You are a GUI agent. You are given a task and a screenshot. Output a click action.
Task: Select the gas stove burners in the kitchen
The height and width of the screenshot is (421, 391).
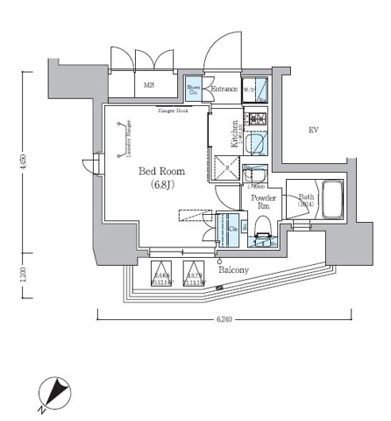pos(257,118)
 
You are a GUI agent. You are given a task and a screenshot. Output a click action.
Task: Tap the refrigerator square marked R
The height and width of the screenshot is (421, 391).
pos(226,168)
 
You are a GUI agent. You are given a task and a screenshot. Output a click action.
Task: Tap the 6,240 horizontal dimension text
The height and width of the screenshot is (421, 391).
pos(224,319)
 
